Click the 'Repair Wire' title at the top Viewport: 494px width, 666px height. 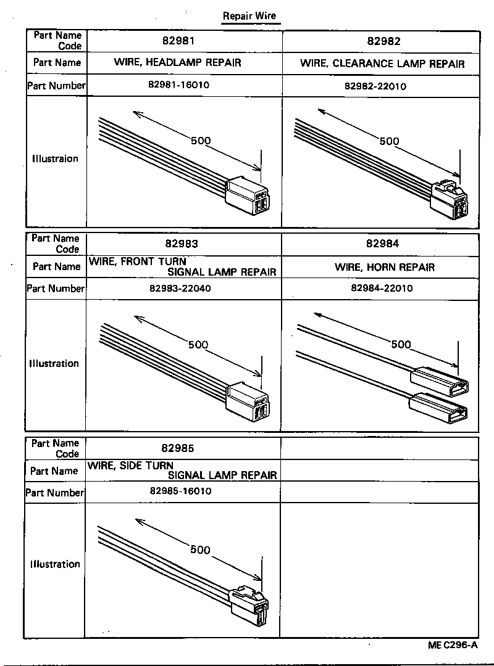[x=249, y=17]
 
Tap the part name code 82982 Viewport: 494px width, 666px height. [x=383, y=41]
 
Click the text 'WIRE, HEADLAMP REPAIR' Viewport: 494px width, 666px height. [x=178, y=62]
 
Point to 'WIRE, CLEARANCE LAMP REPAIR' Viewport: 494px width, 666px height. [x=382, y=64]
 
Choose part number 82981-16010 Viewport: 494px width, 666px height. [x=180, y=85]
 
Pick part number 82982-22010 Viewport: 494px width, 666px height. [x=375, y=86]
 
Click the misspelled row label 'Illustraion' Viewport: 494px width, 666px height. [x=55, y=158]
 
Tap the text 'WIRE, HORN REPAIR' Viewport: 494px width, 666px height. [x=385, y=267]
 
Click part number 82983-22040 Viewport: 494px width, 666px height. [x=180, y=288]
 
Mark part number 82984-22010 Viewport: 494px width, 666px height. [x=382, y=288]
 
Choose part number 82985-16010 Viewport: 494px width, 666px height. [x=180, y=491]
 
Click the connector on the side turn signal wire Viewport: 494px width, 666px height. [x=248, y=607]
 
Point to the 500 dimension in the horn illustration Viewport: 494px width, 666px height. [x=401, y=344]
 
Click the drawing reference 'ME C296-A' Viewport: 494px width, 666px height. [x=453, y=646]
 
